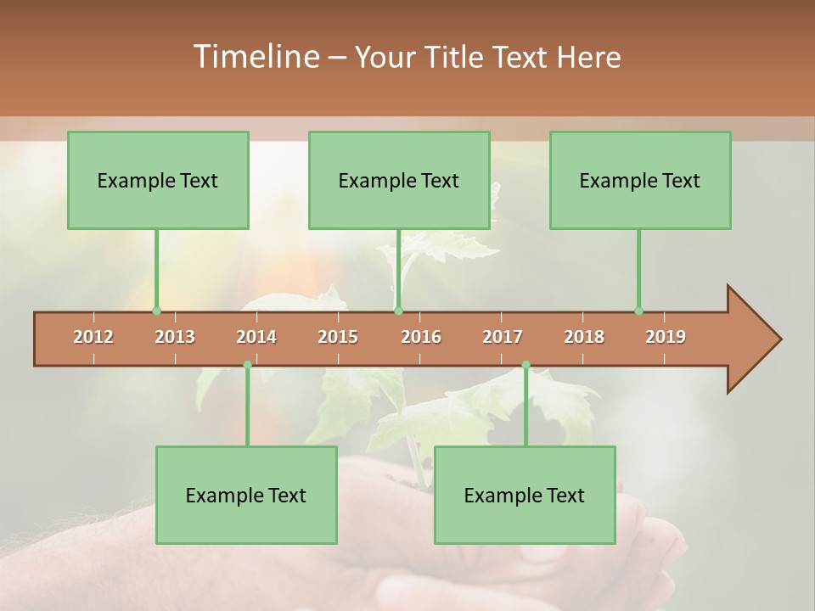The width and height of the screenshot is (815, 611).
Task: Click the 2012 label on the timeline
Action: click(x=93, y=337)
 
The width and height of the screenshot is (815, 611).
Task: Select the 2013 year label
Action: click(x=175, y=337)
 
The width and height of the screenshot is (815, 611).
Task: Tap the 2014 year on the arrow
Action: click(x=256, y=337)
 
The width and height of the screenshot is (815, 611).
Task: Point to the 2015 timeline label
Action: click(x=338, y=337)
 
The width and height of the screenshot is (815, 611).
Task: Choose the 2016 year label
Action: click(x=421, y=337)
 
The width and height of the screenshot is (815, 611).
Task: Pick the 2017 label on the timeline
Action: click(x=503, y=337)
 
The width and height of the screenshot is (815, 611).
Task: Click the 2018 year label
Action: click(x=584, y=337)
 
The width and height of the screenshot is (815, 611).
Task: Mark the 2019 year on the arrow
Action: click(x=666, y=337)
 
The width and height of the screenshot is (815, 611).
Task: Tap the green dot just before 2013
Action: click(x=156, y=311)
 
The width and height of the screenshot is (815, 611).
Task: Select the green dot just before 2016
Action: click(x=398, y=311)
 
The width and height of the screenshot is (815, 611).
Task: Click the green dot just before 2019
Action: click(x=638, y=311)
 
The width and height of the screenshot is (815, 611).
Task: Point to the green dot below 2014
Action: click(x=247, y=365)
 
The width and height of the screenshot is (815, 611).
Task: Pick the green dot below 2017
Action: click(x=526, y=365)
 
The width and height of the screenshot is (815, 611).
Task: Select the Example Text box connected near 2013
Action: click(x=158, y=180)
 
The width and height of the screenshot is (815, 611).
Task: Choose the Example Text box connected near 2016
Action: click(x=399, y=180)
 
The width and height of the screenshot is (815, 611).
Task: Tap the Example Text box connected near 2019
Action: click(x=640, y=180)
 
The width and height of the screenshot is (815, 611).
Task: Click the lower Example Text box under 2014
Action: click(x=246, y=495)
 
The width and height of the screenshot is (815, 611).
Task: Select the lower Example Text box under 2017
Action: click(x=525, y=495)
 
